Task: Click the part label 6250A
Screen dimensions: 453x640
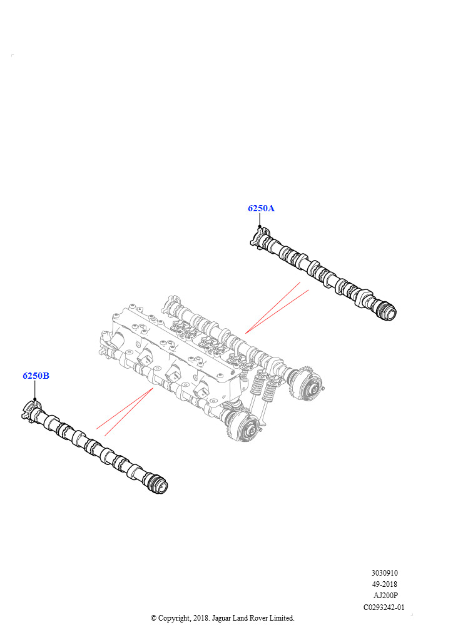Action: [261, 208]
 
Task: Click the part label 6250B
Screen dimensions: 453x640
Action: [36, 376]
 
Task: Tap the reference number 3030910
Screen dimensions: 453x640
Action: [384, 573]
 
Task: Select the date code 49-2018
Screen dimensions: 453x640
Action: [384, 584]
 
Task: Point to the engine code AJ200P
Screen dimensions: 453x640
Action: [385, 596]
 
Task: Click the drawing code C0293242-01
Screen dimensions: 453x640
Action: [384, 607]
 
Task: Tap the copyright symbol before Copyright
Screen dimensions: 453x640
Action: [153, 618]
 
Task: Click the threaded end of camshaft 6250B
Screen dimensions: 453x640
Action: [158, 485]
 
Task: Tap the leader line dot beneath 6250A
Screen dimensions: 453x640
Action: [260, 226]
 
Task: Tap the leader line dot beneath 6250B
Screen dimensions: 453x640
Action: [34, 399]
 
